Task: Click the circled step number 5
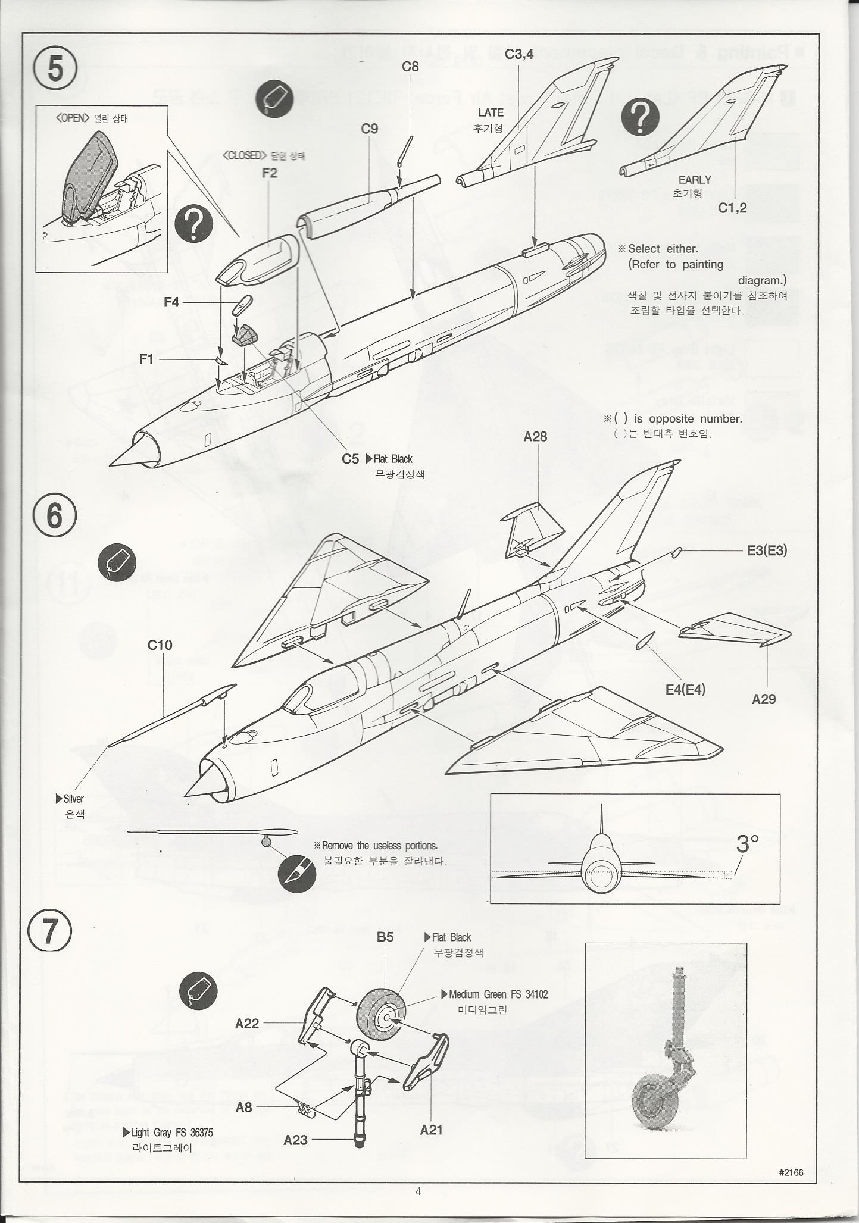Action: (55, 69)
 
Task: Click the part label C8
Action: (410, 67)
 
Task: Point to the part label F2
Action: (269, 173)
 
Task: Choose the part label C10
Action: (160, 645)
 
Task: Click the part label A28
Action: (535, 437)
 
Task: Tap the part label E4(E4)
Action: (685, 690)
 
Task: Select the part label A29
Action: (764, 699)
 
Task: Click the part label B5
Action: (385, 937)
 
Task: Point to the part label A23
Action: (295, 1140)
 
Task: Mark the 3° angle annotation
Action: (748, 843)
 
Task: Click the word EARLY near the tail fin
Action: (695, 180)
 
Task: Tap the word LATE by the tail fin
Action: (491, 112)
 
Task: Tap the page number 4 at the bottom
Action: (418, 1191)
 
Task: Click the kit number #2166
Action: (791, 1172)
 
